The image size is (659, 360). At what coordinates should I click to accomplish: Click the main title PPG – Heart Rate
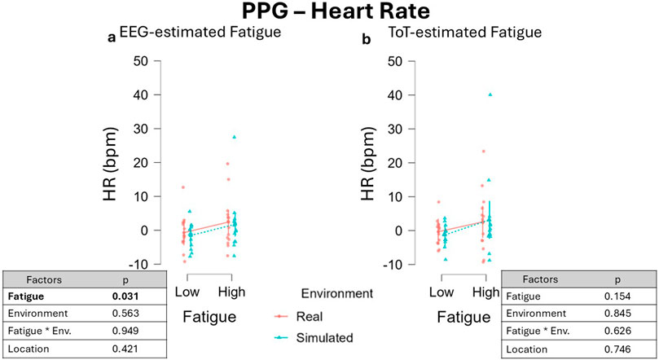tap(328, 14)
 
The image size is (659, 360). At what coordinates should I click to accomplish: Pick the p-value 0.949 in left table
tap(123, 331)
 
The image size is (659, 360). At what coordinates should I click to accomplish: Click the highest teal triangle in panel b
tap(490, 94)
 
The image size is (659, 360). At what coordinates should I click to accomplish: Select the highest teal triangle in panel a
tap(234, 137)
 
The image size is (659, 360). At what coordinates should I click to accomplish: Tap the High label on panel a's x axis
tap(232, 291)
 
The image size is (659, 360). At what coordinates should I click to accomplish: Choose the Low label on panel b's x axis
tap(442, 291)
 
